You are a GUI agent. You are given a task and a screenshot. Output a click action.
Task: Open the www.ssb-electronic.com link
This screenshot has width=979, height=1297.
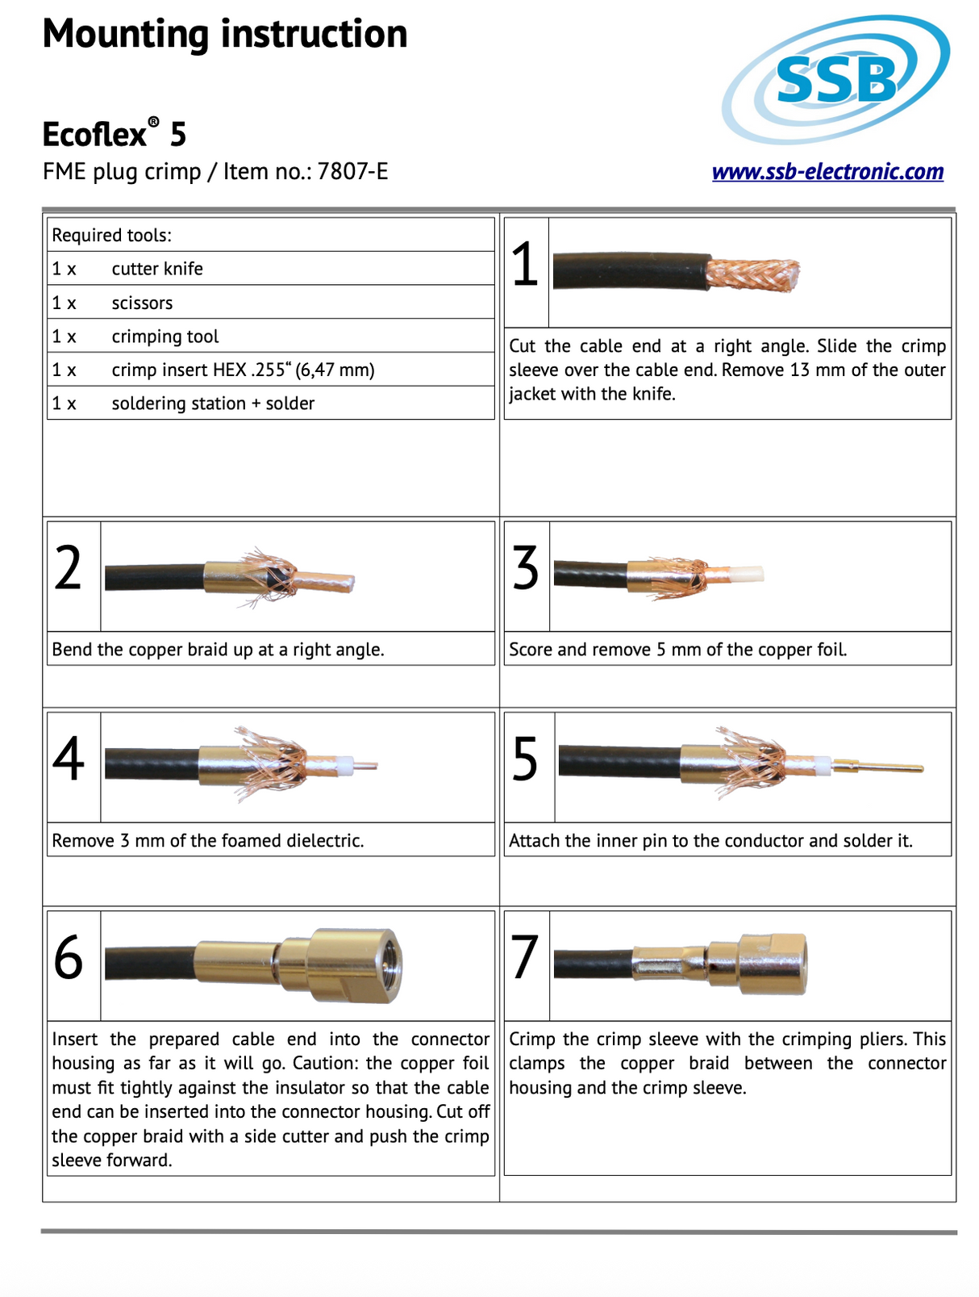[827, 172]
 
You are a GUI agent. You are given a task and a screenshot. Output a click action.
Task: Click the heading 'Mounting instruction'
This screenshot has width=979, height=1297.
[225, 34]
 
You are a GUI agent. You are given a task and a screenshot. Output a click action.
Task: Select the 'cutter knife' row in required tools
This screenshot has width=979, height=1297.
[157, 269]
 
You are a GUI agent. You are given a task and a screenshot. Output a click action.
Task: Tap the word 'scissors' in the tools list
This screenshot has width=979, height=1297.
[142, 303]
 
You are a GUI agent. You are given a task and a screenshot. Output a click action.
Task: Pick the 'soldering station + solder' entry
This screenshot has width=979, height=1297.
[213, 403]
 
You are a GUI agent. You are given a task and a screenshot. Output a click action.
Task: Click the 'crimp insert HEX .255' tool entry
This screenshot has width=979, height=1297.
[242, 370]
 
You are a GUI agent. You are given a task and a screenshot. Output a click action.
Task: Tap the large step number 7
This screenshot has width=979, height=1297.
[525, 958]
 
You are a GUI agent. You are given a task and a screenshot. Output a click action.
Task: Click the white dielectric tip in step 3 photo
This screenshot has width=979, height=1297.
[745, 575]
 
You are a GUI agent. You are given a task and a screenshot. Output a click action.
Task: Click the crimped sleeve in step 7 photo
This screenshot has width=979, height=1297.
[669, 962]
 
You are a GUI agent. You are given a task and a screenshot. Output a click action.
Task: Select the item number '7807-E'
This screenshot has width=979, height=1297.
[353, 172]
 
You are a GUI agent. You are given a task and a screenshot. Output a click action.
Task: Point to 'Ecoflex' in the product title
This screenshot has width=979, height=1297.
[94, 135]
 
